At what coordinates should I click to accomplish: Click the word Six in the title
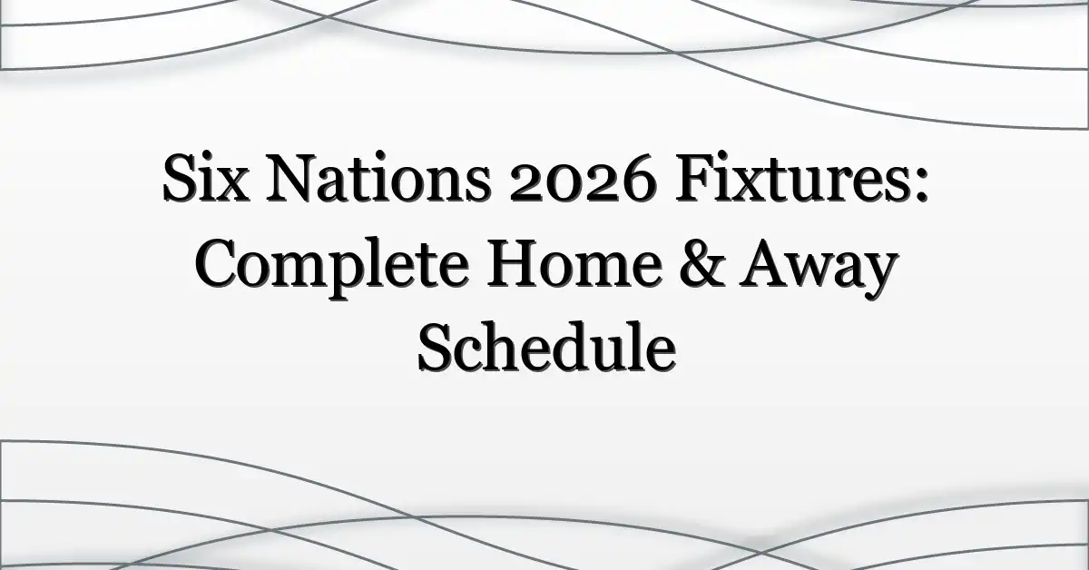206,179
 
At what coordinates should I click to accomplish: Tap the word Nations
378,179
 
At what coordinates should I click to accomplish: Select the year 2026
583,179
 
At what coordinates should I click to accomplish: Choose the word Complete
332,269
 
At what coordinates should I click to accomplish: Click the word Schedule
547,348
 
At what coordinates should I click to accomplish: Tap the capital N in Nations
291,180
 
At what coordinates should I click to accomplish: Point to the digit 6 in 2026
638,180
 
